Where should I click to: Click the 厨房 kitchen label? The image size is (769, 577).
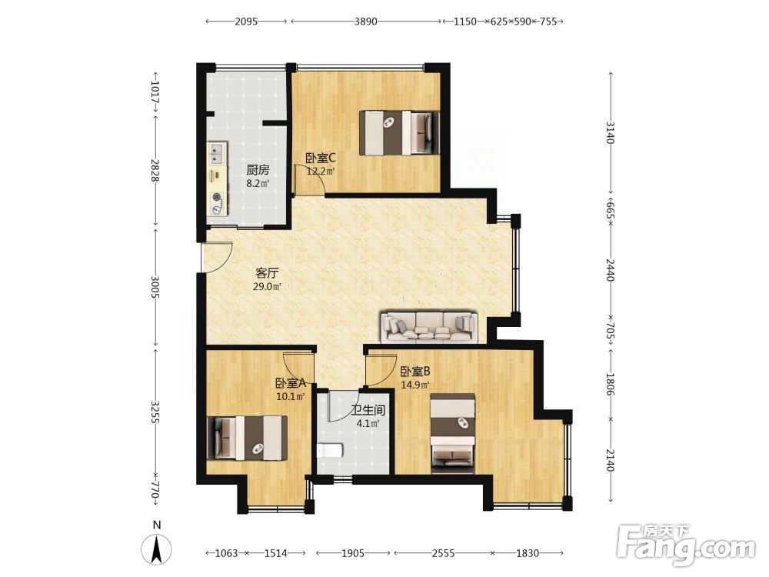pyautogui.click(x=258, y=170)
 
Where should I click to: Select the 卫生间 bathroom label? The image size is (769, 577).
pyautogui.click(x=368, y=410)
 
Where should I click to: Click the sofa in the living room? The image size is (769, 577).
pyautogui.click(x=429, y=326)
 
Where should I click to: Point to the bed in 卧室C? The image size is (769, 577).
pyautogui.click(x=399, y=133)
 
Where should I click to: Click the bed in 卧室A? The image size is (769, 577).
pyautogui.click(x=247, y=438)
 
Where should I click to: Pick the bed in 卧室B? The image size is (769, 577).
pyautogui.click(x=453, y=433)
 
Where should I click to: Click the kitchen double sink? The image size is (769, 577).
pyautogui.click(x=217, y=152)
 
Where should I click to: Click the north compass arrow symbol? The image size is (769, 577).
pyautogui.click(x=156, y=549)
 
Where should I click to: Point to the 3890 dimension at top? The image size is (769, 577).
pyautogui.click(x=366, y=22)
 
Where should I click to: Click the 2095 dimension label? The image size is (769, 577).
pyautogui.click(x=246, y=22)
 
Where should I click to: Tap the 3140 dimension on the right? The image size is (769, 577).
pyautogui.click(x=611, y=132)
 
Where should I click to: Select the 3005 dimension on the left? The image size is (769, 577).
pyautogui.click(x=155, y=287)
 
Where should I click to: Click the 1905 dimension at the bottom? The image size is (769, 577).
pyautogui.click(x=353, y=553)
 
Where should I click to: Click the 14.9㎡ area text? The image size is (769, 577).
pyautogui.click(x=415, y=385)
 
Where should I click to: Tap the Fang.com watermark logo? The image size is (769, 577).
pyautogui.click(x=687, y=545)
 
